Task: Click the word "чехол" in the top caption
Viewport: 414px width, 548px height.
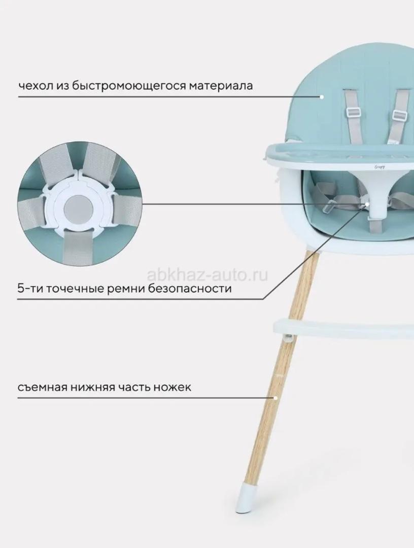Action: [36, 85]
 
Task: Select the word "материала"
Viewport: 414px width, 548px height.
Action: [221, 86]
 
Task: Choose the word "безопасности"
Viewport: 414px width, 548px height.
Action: [190, 289]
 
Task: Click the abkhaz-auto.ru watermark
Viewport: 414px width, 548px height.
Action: [208, 275]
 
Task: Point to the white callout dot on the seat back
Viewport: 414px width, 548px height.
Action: [322, 97]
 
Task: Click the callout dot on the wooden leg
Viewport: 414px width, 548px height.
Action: [276, 398]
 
